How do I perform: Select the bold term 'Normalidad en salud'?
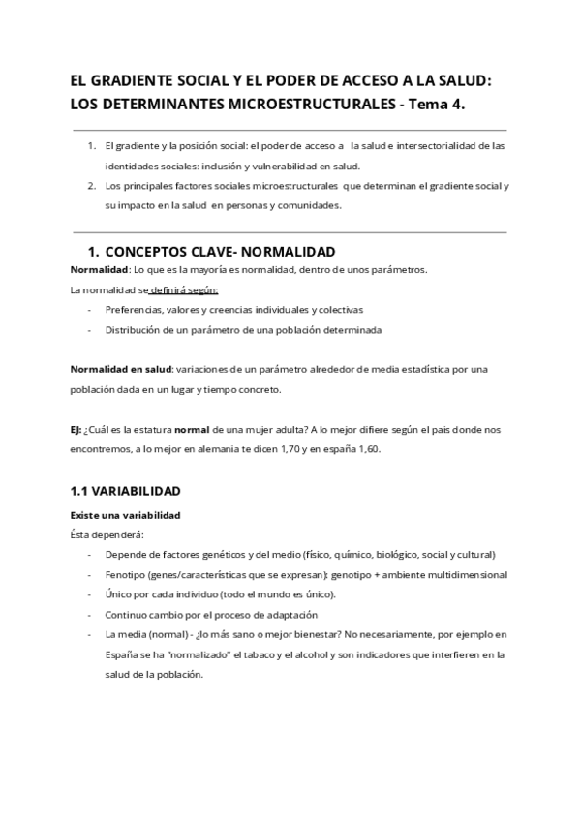(121, 369)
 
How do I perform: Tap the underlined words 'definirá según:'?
(184, 289)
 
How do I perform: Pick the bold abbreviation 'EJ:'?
(76, 429)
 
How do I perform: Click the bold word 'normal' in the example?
(197, 429)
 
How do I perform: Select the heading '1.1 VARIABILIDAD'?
(125, 492)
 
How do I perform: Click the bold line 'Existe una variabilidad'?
(125, 514)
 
